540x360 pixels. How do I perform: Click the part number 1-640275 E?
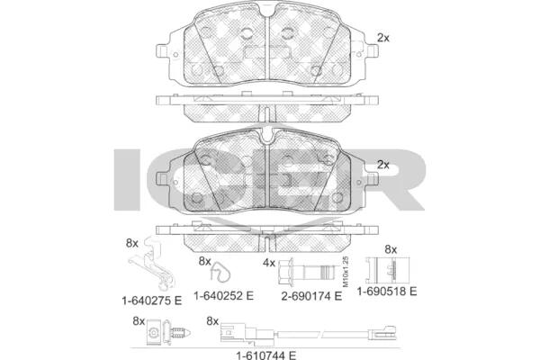(151, 301)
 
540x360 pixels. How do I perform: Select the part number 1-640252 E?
(223, 295)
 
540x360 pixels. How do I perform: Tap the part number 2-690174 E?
(311, 296)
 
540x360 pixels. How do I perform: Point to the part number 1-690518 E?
(387, 292)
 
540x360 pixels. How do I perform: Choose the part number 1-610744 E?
(266, 355)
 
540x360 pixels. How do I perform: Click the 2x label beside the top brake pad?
(383, 38)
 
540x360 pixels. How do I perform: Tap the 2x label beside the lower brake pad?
(383, 165)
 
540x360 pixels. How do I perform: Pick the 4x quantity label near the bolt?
(269, 263)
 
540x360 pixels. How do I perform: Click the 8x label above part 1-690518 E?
(391, 249)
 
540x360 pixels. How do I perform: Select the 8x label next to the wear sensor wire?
(212, 321)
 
